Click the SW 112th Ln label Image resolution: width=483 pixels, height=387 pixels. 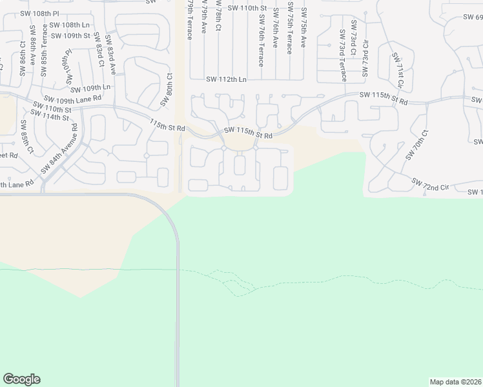tap(226, 79)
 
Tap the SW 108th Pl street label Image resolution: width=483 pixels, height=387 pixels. tap(38, 13)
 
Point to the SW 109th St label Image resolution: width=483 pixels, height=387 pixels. tap(71, 35)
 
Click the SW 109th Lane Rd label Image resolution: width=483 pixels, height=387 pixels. tap(73, 99)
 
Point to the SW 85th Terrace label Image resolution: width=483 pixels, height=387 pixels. tap(44, 50)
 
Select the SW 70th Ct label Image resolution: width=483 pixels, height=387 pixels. tap(417, 145)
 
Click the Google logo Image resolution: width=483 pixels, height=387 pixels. tap(21, 379)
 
